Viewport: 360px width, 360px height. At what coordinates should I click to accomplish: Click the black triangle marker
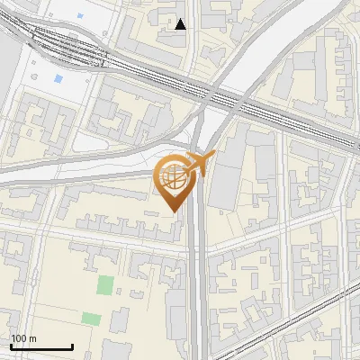coord(181,24)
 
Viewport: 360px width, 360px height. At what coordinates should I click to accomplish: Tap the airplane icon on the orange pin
coord(201,164)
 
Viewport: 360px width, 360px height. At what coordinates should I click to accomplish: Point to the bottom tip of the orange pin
coord(175,211)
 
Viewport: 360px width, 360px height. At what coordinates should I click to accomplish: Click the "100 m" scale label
coord(23,338)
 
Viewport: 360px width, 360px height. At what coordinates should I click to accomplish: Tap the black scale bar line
coord(41,346)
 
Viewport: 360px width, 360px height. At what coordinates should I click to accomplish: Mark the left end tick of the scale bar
coord(11,345)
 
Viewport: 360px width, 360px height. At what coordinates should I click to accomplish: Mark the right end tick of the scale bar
coord(72,345)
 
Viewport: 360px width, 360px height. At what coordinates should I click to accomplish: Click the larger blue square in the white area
coord(59,79)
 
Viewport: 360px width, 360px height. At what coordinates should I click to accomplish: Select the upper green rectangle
coord(106,285)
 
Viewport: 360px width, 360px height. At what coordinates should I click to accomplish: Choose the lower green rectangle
coord(91,319)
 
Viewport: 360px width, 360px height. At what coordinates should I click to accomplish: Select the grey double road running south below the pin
coord(198,288)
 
